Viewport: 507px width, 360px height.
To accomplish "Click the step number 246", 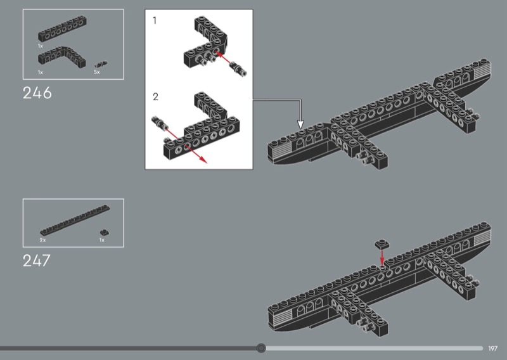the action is coord(37,93).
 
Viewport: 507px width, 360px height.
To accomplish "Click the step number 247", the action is coord(37,260).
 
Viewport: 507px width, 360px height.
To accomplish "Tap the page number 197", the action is coord(493,349).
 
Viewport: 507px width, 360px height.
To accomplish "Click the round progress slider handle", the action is coord(261,348).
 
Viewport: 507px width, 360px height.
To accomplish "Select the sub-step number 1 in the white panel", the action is coord(155,21).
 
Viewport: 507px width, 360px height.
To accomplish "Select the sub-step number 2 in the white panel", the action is coord(155,97).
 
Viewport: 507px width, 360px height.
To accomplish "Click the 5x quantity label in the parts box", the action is coord(97,72).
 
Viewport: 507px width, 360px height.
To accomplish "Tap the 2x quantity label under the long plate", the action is coord(42,240).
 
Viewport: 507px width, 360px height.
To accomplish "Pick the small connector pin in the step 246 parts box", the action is coord(101,64).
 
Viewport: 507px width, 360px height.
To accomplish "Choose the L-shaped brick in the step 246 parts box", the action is coord(62,56).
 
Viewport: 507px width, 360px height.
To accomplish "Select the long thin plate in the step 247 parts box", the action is coord(75,220).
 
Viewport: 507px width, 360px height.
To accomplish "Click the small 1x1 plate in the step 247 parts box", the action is coord(104,232).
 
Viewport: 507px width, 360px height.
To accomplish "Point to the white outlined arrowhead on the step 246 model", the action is coord(300,124).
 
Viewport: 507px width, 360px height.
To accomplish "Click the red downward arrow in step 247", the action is coord(382,257).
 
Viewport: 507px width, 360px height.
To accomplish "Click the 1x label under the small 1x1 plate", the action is coord(102,240).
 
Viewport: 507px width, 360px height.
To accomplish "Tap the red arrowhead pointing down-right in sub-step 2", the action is coord(203,159).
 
